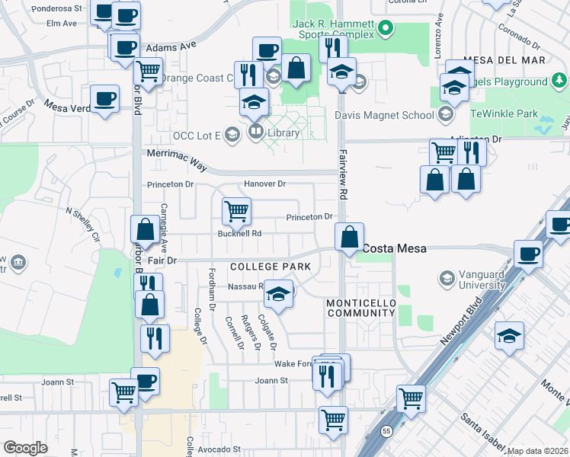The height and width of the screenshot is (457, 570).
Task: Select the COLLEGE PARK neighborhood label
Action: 270,267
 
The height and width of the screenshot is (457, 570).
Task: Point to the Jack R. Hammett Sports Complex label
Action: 335,30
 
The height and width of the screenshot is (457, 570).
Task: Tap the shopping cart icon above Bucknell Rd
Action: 236,210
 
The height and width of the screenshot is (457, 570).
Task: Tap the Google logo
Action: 25,448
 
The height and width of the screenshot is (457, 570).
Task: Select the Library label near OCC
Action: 282,133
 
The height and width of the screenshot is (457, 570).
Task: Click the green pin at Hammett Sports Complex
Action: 386,30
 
